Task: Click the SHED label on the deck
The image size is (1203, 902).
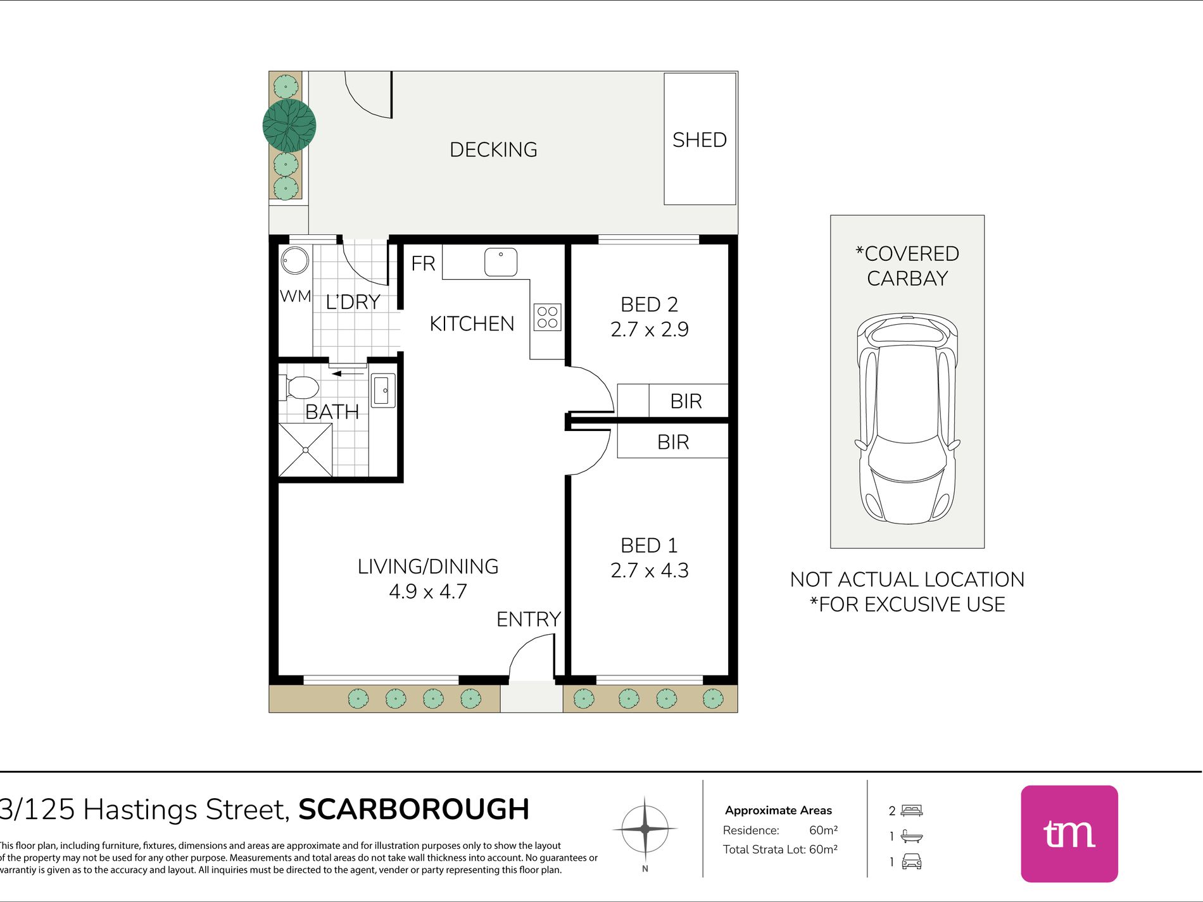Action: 699,140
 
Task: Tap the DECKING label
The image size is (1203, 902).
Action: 493,150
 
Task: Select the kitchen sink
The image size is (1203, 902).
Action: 501,262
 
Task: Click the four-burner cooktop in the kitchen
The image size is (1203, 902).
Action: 548,317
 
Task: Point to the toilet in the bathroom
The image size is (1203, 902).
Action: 299,388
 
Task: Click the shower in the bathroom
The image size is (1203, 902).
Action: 305,449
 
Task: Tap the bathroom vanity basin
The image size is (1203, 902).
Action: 382,391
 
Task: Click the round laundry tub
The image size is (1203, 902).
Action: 295,260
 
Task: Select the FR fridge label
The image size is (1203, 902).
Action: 423,263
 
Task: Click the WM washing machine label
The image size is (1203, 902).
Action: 296,296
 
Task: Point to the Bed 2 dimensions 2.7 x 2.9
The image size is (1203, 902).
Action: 650,330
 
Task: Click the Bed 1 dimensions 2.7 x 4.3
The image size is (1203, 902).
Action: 650,570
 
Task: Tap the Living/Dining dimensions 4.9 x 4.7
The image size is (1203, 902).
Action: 428,591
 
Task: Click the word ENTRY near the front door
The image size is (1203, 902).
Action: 529,619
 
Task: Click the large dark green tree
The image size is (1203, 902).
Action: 289,125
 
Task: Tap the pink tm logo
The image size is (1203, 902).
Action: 1069,834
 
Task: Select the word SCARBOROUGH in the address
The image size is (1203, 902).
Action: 414,810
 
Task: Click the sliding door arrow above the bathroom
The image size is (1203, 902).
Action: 348,373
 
